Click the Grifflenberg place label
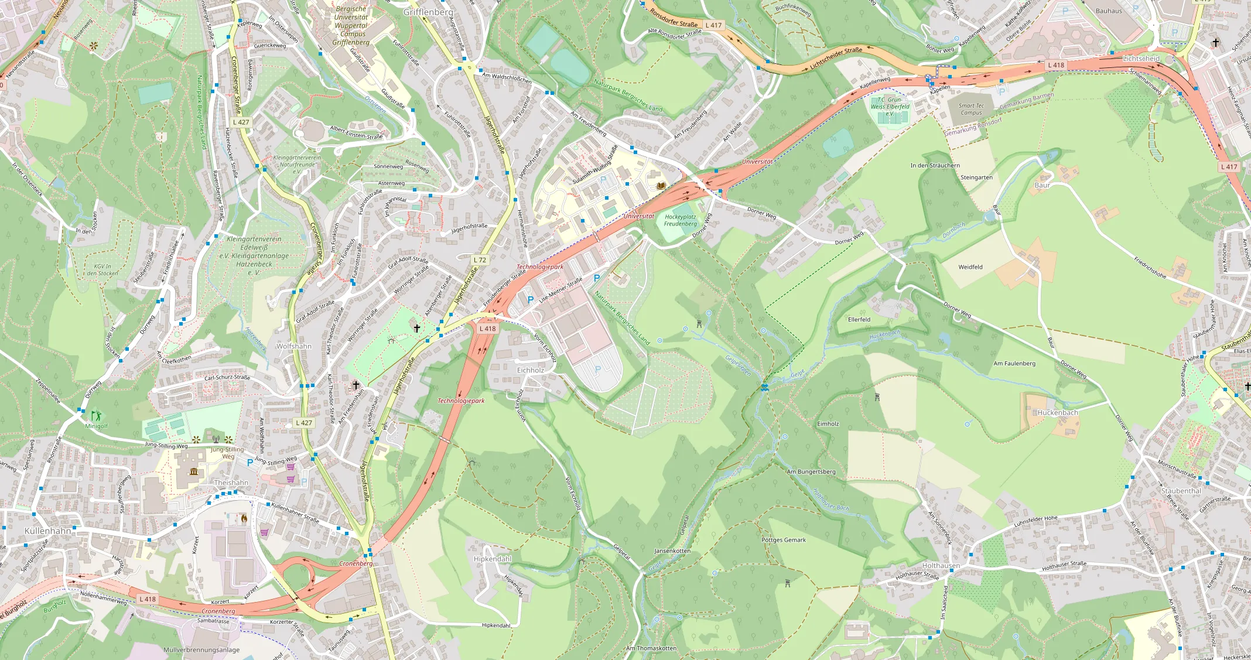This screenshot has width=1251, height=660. (x=428, y=12)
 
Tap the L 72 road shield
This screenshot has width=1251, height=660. (x=480, y=260)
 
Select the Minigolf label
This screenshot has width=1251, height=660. (x=97, y=426)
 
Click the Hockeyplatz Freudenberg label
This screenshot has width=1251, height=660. (x=681, y=220)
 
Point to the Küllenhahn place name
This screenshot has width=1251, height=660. (x=48, y=531)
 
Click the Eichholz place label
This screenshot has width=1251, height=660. (x=531, y=370)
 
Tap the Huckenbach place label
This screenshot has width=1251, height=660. (x=1058, y=412)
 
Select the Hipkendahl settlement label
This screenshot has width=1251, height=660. (x=493, y=559)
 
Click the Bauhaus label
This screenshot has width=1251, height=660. (x=1109, y=11)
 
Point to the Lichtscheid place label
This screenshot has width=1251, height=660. (x=1141, y=59)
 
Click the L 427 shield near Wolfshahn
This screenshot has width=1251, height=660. (x=304, y=423)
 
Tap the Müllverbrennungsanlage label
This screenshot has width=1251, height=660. (x=201, y=650)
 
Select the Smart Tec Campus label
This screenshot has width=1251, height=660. (x=971, y=110)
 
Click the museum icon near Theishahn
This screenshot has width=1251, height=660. (x=194, y=472)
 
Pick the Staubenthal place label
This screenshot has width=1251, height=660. (x=1181, y=491)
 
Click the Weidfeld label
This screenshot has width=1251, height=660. (x=970, y=267)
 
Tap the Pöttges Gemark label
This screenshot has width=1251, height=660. (x=784, y=540)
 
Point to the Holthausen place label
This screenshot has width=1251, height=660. (x=941, y=566)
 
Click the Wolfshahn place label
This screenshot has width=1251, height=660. (x=294, y=346)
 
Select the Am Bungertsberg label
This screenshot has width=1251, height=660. (x=811, y=471)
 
